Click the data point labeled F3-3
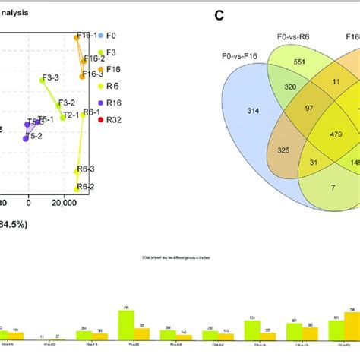(43, 79)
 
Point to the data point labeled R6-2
(77, 188)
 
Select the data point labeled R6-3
(77, 171)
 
